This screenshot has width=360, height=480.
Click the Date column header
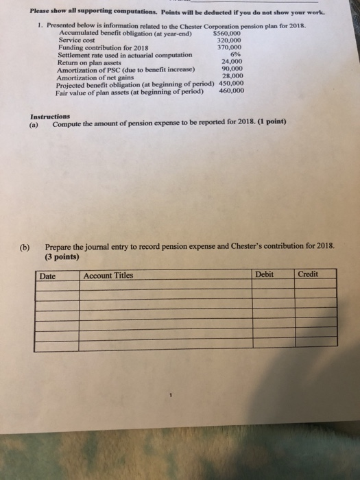click(48, 276)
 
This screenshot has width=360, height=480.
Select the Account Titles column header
click(108, 276)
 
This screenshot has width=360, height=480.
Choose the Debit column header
click(264, 274)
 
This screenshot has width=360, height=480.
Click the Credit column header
click(308, 274)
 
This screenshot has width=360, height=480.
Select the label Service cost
click(75, 40)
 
